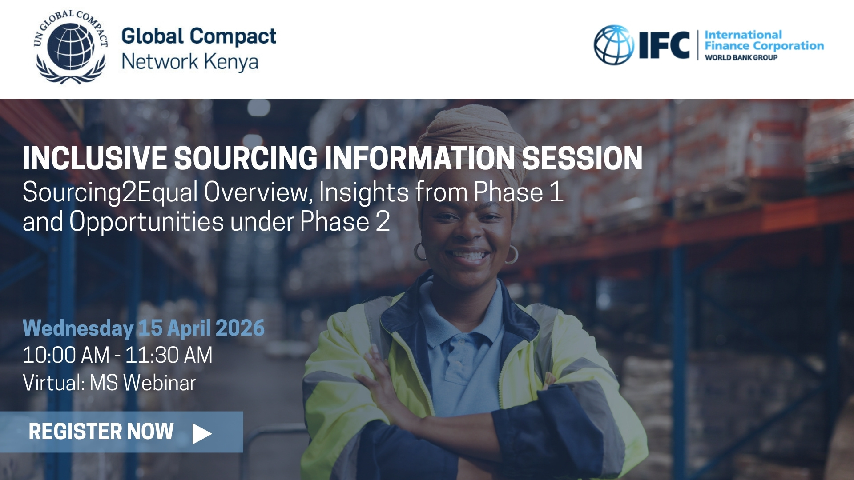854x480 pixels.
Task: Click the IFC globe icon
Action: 614,45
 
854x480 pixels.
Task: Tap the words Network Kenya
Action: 190,62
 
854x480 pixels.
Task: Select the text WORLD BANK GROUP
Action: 741,57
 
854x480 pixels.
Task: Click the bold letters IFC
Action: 664,45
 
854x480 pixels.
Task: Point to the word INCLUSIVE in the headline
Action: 94,158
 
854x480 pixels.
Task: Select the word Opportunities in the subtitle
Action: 146,222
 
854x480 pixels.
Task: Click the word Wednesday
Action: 78,328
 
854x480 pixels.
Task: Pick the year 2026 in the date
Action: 240,328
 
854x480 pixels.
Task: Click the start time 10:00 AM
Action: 66,355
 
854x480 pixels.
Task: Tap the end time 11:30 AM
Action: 169,355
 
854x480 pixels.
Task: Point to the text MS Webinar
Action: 143,383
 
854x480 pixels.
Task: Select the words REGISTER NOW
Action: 101,432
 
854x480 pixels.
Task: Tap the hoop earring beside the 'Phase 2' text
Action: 420,252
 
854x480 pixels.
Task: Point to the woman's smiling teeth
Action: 468,256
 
